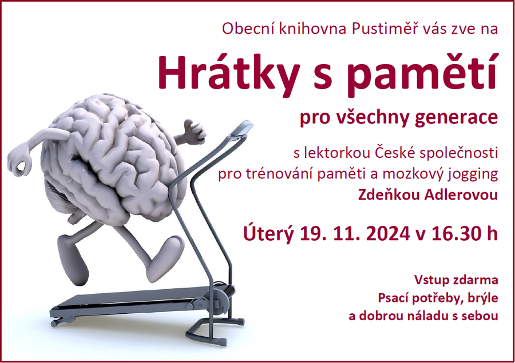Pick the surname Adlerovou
pos(461,194)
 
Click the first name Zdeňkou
pos(389,194)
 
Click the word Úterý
pos(268,233)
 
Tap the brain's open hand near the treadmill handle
pos(195,133)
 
